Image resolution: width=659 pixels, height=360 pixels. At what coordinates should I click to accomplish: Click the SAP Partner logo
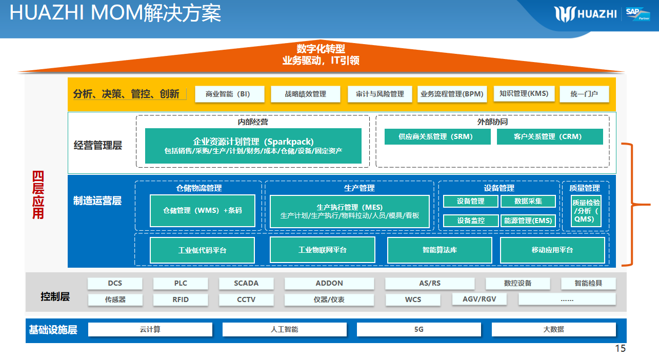point(636,14)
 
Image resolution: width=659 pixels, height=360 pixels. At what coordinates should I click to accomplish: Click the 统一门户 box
point(584,94)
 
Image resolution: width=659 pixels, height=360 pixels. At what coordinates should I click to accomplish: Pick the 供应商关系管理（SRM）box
point(437,136)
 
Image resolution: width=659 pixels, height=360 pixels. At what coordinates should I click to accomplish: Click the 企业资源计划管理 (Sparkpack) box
point(253,146)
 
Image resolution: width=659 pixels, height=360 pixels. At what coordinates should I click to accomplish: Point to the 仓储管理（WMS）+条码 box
point(202,210)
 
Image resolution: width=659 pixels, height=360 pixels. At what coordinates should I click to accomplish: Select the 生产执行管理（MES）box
point(349,211)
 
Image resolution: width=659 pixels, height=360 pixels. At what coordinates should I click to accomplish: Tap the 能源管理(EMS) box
point(528,221)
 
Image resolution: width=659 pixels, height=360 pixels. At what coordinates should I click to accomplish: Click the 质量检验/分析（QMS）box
point(586,211)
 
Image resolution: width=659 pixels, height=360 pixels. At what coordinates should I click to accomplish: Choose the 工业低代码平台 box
point(202,250)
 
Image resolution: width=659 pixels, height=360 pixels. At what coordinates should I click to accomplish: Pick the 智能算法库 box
point(440,250)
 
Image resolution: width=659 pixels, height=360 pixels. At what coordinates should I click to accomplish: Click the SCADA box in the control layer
point(246,284)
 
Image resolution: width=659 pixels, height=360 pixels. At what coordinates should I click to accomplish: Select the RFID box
point(181,299)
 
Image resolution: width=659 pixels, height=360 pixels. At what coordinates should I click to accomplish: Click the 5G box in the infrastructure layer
point(419,329)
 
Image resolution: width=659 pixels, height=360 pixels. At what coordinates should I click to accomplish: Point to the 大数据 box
point(553,329)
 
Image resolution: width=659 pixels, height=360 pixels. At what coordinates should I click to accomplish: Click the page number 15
point(620,349)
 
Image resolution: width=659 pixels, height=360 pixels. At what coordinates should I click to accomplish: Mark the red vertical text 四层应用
point(38,195)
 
